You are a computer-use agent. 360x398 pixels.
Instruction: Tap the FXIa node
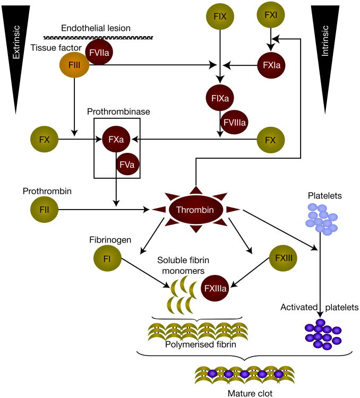272,66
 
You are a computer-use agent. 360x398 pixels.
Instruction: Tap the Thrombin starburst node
196,211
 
